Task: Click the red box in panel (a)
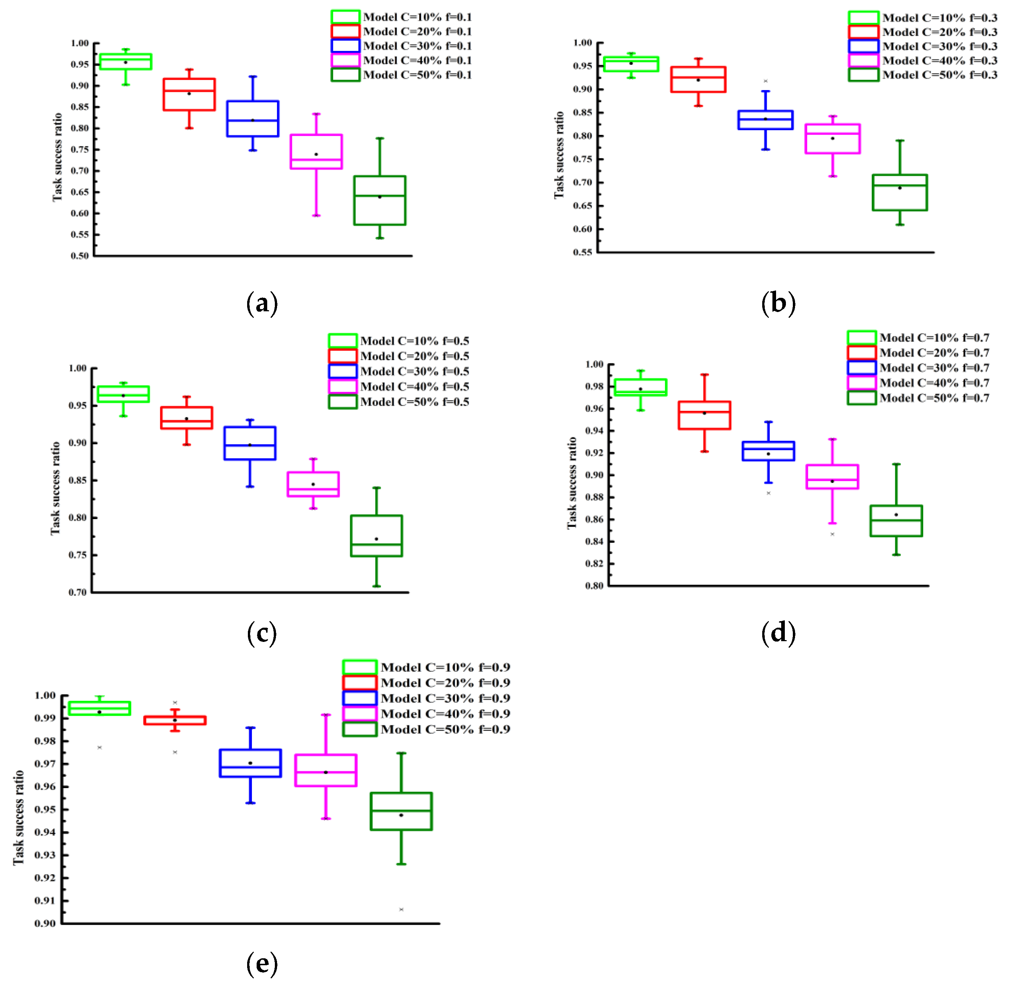(189, 94)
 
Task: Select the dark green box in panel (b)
(900, 192)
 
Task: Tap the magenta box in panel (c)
(313, 484)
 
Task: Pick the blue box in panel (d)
(768, 451)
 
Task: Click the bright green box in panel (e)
(100, 709)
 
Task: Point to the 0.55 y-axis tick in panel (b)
(582, 253)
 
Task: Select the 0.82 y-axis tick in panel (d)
(594, 564)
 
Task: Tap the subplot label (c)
(262, 633)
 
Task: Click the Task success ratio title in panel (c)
(55, 488)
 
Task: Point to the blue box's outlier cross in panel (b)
(765, 81)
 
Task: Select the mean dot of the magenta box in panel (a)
(316, 154)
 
